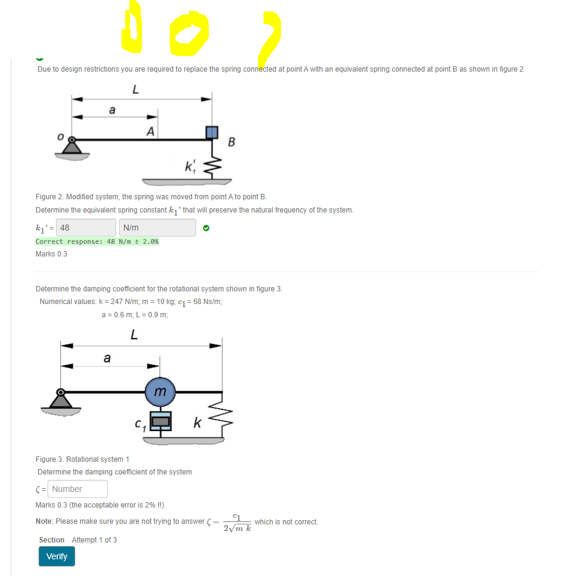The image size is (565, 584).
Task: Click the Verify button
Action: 57,556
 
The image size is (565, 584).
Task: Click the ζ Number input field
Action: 78,489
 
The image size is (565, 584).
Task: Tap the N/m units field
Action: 158,228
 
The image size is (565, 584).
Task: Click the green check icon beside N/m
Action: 206,228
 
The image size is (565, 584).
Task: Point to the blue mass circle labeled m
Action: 159,391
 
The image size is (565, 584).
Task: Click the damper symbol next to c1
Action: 160,421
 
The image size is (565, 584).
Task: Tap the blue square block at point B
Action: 212,132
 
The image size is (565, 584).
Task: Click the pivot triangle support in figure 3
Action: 60,399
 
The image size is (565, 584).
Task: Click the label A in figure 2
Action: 150,131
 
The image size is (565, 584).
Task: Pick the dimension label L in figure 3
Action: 134,335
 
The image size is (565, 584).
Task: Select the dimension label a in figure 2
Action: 112,110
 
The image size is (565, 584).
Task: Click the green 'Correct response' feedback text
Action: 97,241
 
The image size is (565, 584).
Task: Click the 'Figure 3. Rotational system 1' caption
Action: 81,459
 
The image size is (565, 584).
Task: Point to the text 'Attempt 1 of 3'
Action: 94,539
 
